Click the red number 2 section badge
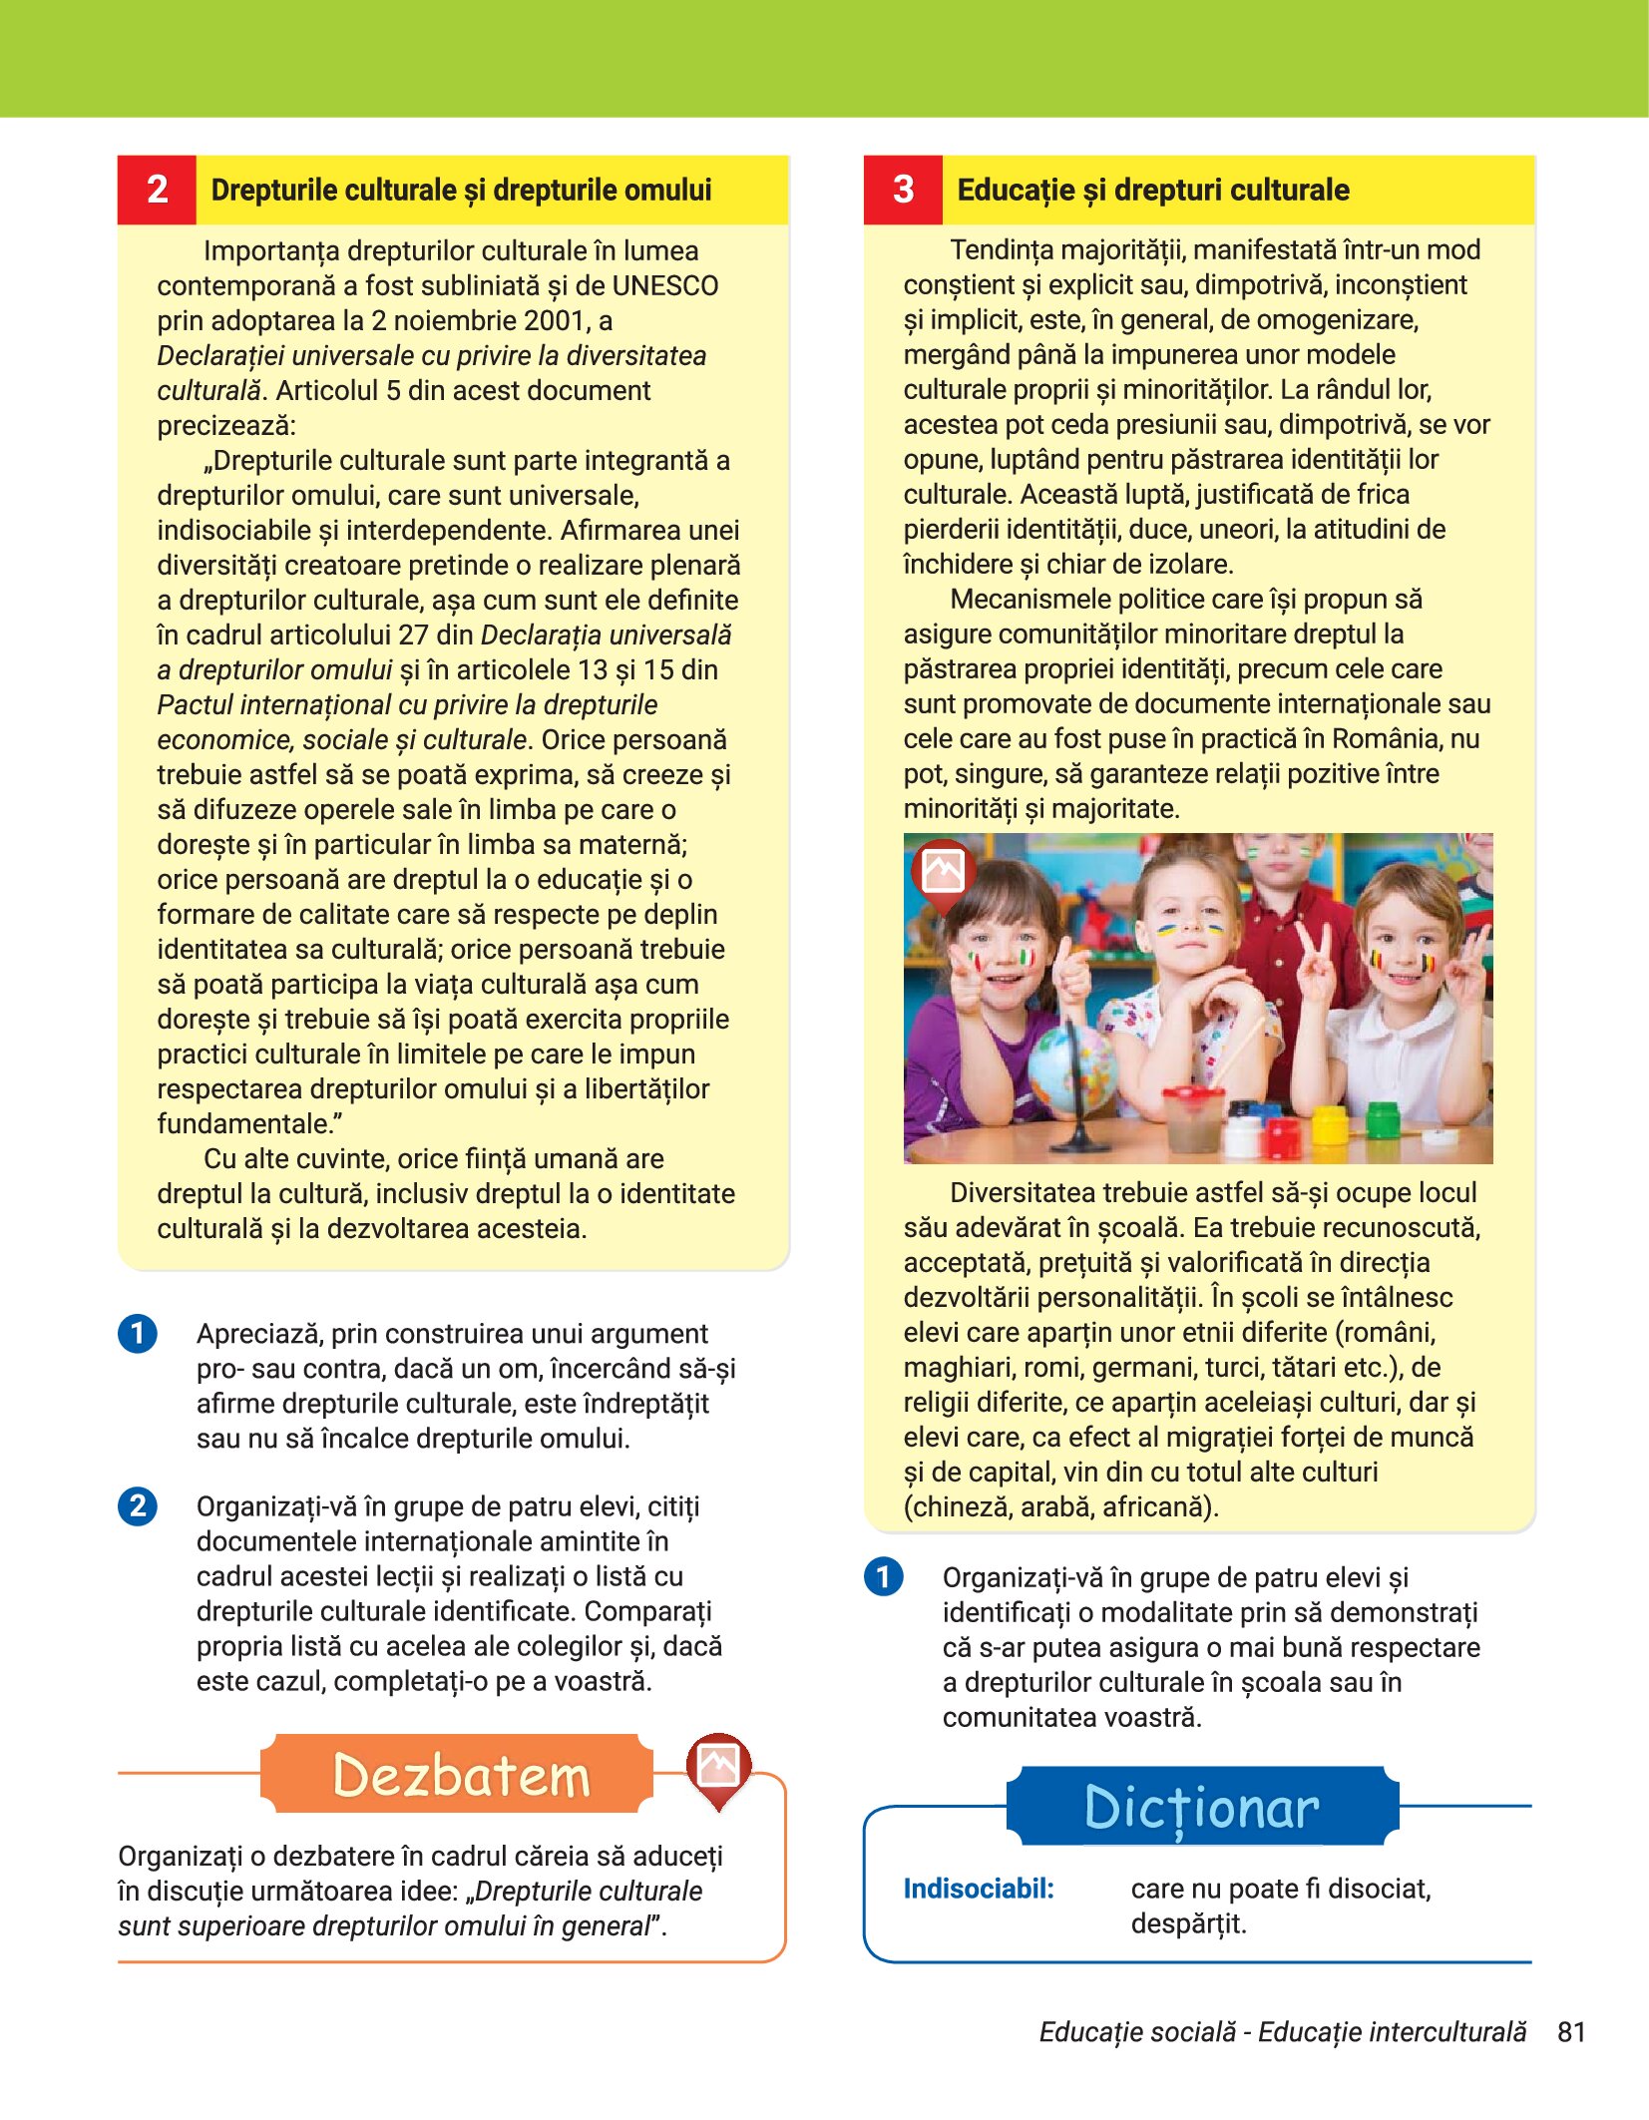point(157,190)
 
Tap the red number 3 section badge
point(903,190)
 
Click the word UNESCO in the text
point(664,286)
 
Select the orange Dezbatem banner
point(457,1775)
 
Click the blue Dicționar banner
point(1201,1807)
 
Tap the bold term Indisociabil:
point(978,1889)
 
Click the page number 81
point(1571,2032)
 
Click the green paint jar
point(1382,1119)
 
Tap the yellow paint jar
point(1330,1125)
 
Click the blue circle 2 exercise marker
point(138,1505)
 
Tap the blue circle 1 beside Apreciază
point(138,1334)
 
